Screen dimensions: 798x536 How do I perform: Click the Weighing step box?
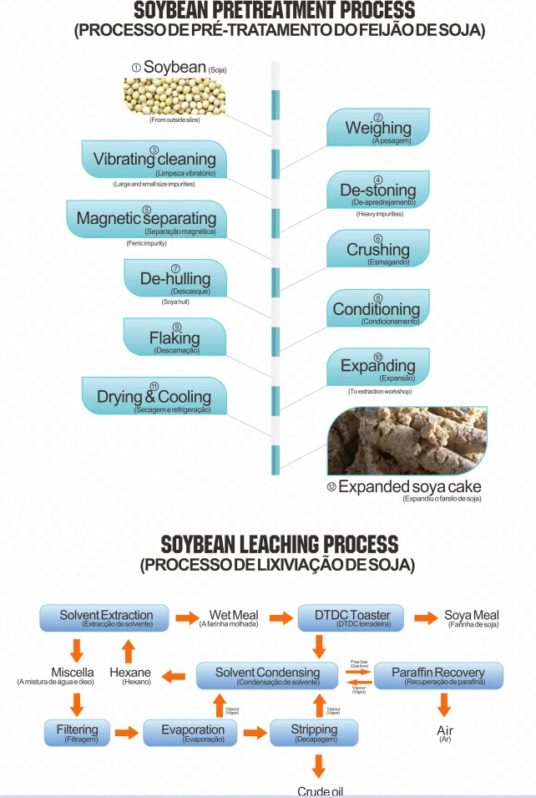point(378,127)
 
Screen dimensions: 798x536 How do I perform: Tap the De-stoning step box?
point(377,191)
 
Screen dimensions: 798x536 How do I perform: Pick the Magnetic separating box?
point(146,219)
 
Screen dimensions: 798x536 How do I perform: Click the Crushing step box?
point(378,249)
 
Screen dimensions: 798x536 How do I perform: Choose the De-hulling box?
point(175,278)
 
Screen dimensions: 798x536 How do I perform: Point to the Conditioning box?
point(377,308)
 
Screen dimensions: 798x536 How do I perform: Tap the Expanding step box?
point(377,366)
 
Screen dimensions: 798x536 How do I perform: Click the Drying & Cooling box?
point(154,396)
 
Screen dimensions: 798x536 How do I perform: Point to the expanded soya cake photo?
point(407,441)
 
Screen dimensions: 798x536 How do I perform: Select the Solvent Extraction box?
point(106,618)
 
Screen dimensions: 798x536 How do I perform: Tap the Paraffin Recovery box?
point(438,675)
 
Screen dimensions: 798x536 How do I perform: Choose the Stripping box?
point(314,733)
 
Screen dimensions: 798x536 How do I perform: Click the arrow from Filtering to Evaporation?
point(126,733)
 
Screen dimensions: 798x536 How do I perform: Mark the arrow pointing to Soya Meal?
point(426,618)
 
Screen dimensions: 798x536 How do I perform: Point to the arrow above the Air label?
point(444,706)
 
